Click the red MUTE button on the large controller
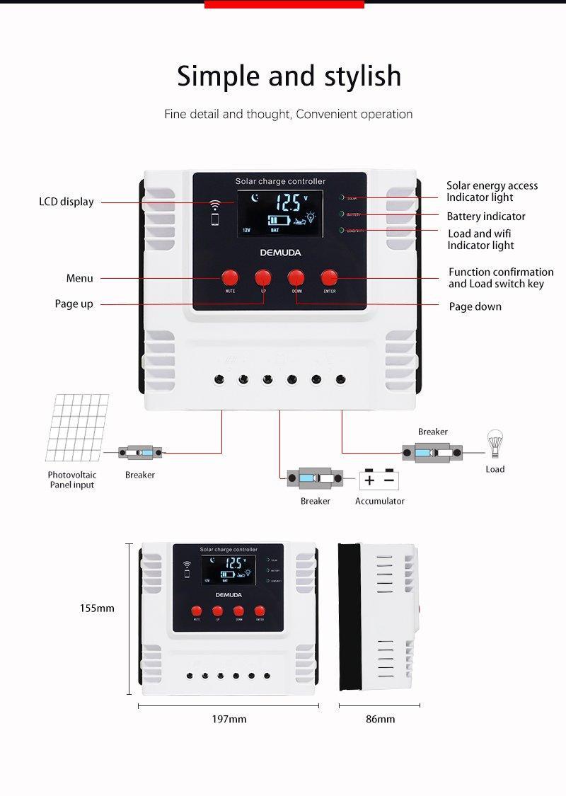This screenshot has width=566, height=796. click(230, 277)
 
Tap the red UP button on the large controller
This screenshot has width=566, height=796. click(263, 277)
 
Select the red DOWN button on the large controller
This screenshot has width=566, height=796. click(296, 277)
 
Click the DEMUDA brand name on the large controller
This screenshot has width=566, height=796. click(279, 252)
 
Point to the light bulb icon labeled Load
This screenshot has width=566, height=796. click(495, 445)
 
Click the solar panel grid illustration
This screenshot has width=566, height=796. click(77, 427)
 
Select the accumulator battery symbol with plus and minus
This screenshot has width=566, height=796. click(379, 480)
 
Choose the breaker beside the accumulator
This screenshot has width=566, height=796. click(315, 478)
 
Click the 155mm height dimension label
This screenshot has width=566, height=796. click(97, 608)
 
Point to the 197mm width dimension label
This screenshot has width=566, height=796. click(229, 719)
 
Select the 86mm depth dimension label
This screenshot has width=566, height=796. click(380, 719)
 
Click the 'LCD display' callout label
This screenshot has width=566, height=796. click(66, 202)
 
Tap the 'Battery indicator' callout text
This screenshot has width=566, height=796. click(485, 217)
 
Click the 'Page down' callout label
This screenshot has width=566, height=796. click(475, 306)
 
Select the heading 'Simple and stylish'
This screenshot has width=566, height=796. click(289, 76)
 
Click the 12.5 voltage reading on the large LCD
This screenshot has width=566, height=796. click(289, 203)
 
